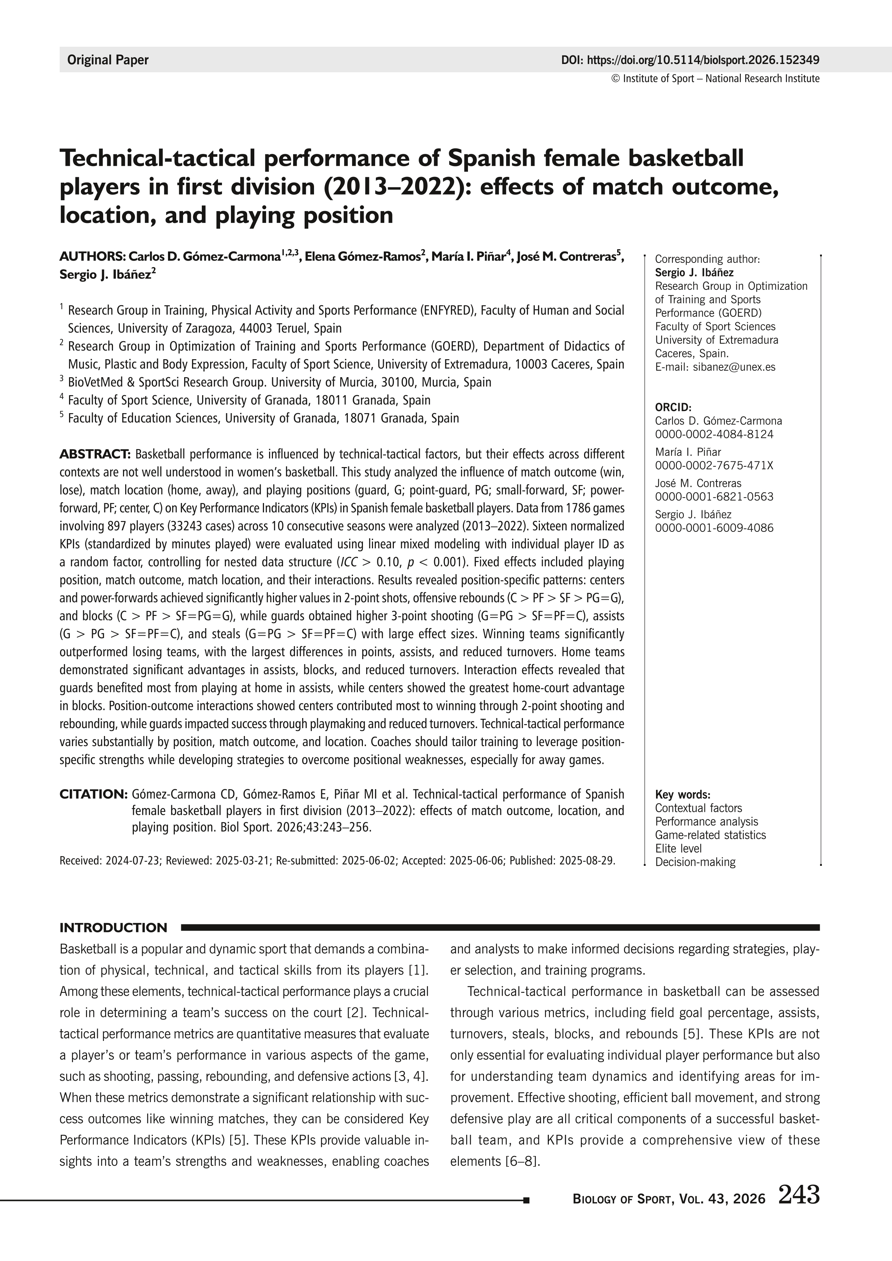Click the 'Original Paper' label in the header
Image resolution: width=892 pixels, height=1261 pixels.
(x=108, y=60)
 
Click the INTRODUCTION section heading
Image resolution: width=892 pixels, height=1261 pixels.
(x=113, y=928)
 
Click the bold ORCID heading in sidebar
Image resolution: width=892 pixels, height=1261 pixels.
(x=673, y=407)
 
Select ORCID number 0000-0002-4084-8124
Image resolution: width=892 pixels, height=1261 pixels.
(x=714, y=434)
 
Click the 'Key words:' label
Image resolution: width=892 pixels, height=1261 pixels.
(x=683, y=795)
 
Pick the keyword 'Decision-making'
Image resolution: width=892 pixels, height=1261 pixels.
(x=695, y=862)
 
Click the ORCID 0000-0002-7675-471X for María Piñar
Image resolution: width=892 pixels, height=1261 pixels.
(x=714, y=466)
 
